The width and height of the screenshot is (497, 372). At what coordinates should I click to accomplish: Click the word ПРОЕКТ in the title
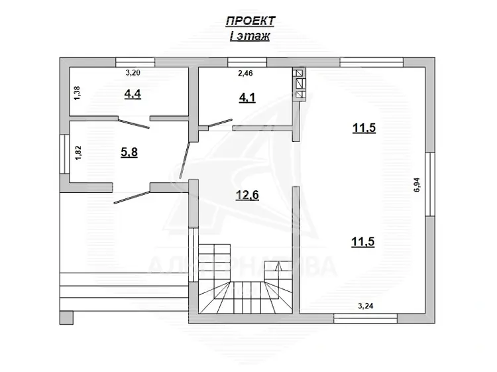[250, 21]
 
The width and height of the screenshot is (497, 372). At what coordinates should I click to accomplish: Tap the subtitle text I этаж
[250, 36]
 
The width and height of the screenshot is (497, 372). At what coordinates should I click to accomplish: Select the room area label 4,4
[133, 94]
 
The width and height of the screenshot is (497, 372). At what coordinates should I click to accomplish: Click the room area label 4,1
[247, 97]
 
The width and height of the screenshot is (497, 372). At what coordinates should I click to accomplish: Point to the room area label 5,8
[129, 153]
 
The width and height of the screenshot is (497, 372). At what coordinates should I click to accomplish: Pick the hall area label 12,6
[247, 195]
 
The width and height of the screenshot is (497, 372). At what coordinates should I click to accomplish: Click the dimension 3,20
[133, 73]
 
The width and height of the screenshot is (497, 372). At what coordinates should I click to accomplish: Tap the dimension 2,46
[245, 73]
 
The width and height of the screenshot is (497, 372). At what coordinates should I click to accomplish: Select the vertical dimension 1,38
[78, 93]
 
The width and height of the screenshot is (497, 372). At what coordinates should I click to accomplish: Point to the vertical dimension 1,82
[78, 153]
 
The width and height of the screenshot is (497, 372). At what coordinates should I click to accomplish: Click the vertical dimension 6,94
[417, 184]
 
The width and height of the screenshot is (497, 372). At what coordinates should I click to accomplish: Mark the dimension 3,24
[365, 306]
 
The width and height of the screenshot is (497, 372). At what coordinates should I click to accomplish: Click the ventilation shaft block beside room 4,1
[300, 85]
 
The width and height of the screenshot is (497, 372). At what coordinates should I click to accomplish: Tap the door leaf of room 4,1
[220, 123]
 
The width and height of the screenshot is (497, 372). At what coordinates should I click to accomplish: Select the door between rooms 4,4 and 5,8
[134, 124]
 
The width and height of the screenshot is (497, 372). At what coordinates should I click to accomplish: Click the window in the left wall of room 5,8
[65, 154]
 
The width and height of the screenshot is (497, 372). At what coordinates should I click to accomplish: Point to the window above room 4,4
[135, 62]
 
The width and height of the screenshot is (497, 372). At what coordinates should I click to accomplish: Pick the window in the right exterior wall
[430, 184]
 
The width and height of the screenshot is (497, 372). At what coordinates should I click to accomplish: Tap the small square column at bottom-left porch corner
[66, 318]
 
